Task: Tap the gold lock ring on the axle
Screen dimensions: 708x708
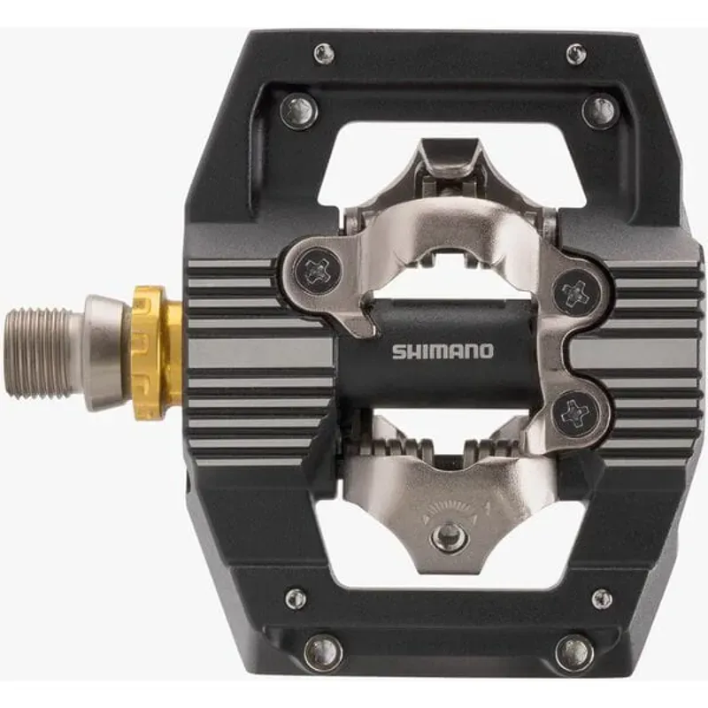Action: click(x=158, y=351)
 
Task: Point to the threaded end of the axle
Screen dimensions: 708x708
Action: click(x=44, y=351)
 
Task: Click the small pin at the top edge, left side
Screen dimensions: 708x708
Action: click(x=324, y=54)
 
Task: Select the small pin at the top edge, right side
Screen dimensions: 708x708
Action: click(x=576, y=54)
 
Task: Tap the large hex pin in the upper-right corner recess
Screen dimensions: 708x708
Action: click(x=600, y=111)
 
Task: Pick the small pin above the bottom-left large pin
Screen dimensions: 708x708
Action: click(x=296, y=598)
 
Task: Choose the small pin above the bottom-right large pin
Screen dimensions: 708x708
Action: click(x=602, y=598)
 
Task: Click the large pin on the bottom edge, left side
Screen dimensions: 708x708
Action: click(x=322, y=653)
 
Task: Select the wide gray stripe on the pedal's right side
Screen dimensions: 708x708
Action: click(x=633, y=352)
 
